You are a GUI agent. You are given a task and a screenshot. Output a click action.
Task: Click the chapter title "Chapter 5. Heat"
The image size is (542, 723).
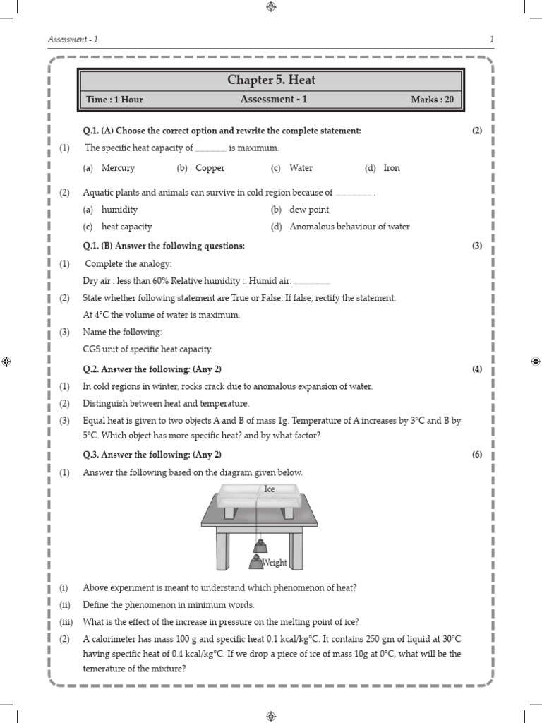271,80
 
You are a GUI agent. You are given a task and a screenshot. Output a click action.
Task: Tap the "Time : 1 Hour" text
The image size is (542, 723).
114,100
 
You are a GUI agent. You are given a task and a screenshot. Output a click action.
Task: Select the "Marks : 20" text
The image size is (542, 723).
432,100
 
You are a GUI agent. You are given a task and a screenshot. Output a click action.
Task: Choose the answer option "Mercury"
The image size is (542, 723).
118,168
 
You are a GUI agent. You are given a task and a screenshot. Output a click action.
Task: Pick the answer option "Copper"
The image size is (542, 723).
210,168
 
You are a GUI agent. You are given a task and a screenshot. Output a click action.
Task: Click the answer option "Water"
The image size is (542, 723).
301,168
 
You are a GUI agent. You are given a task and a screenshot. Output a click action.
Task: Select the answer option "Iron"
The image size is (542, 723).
391,168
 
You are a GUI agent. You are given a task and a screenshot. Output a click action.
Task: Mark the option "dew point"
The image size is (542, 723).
309,210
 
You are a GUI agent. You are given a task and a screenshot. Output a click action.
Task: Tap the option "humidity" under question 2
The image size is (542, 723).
119,210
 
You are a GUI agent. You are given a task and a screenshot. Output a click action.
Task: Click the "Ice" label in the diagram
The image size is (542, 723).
269,489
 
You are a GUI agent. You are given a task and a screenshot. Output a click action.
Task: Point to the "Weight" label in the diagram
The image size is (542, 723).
275,563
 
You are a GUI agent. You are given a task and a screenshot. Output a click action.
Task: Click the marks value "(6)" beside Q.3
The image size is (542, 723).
477,455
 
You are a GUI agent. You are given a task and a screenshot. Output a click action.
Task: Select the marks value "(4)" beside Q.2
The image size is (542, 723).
477,369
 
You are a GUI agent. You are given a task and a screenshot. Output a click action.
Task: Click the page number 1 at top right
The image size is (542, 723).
491,39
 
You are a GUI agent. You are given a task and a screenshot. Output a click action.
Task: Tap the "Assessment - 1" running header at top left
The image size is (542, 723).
73,39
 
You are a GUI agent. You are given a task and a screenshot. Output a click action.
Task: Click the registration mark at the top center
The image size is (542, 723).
271,7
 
